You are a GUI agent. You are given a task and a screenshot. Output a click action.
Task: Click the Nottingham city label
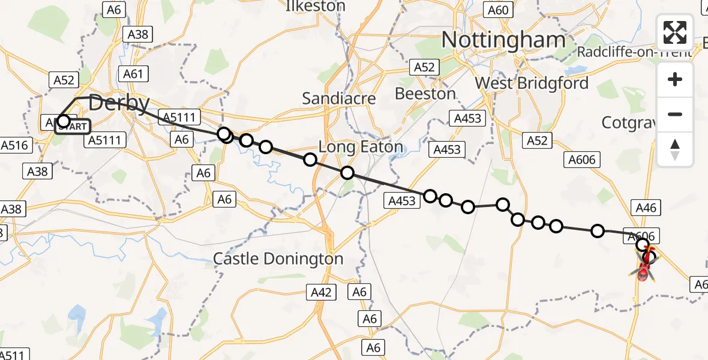[503, 40]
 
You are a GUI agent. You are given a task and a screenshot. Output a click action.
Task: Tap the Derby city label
[119, 103]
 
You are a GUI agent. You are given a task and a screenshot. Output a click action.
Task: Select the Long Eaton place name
[360, 147]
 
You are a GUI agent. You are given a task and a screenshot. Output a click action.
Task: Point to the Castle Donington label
[278, 259]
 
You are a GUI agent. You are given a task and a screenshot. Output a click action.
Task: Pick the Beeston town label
[425, 94]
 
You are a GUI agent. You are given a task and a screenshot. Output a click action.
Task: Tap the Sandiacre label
[339, 98]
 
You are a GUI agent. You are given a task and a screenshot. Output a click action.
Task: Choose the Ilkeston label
[316, 7]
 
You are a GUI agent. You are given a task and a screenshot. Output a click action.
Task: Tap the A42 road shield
[322, 292]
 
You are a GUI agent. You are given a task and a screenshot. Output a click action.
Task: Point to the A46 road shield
[646, 208]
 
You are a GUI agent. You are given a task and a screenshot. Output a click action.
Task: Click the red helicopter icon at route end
[644, 274]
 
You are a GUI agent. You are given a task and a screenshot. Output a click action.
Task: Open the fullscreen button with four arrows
[675, 32]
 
